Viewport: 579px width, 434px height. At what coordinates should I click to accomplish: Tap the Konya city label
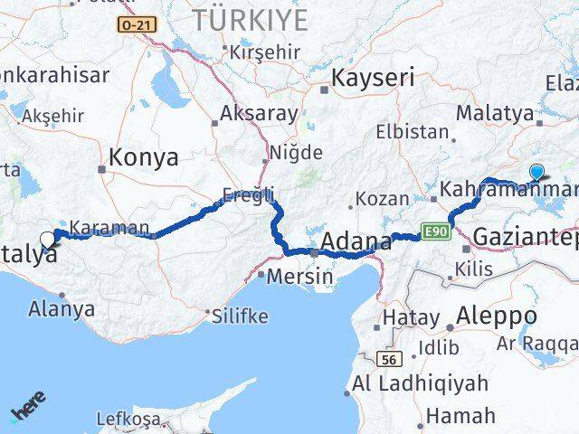(143, 158)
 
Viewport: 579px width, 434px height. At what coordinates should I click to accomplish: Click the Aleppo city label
(498, 316)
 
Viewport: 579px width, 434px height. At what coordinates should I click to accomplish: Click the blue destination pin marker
(536, 172)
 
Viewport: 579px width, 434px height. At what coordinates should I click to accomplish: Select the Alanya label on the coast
(62, 307)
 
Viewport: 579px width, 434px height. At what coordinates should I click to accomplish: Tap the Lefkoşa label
(132, 420)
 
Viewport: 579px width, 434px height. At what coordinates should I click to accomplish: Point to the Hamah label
(460, 416)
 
